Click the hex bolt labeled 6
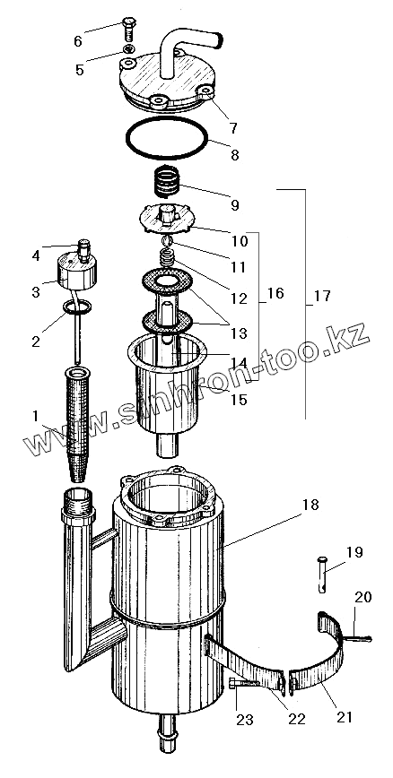(128, 29)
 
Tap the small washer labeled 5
(129, 48)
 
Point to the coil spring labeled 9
(166, 182)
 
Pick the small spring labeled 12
(168, 258)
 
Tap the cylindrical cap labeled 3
(77, 272)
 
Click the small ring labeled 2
(76, 307)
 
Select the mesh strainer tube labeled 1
(78, 423)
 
